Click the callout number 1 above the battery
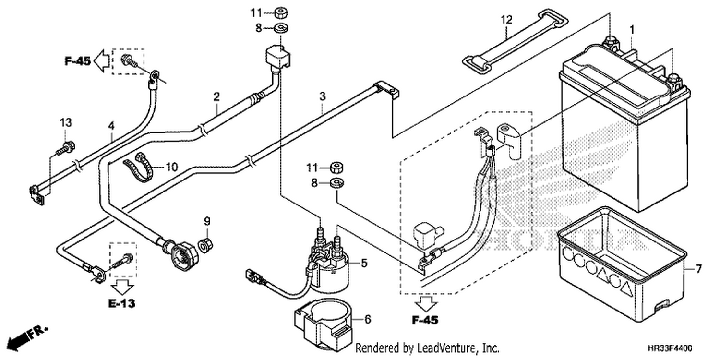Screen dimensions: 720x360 click(x=632, y=31)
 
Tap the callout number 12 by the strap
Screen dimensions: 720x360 click(x=506, y=20)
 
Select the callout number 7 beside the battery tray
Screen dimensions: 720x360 click(x=698, y=269)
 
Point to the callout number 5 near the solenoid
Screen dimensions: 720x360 click(x=363, y=263)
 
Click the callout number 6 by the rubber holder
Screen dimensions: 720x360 click(x=367, y=319)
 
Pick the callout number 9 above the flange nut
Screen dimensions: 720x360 click(x=207, y=221)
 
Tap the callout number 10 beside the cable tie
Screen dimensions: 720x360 click(x=171, y=167)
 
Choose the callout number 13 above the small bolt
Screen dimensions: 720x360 click(x=66, y=122)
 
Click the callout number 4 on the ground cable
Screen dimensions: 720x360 click(x=111, y=126)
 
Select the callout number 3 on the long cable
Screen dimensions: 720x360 click(x=323, y=96)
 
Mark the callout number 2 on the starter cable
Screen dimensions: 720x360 click(x=216, y=96)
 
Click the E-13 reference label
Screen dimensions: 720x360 click(x=122, y=303)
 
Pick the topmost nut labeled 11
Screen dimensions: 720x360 click(x=281, y=12)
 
